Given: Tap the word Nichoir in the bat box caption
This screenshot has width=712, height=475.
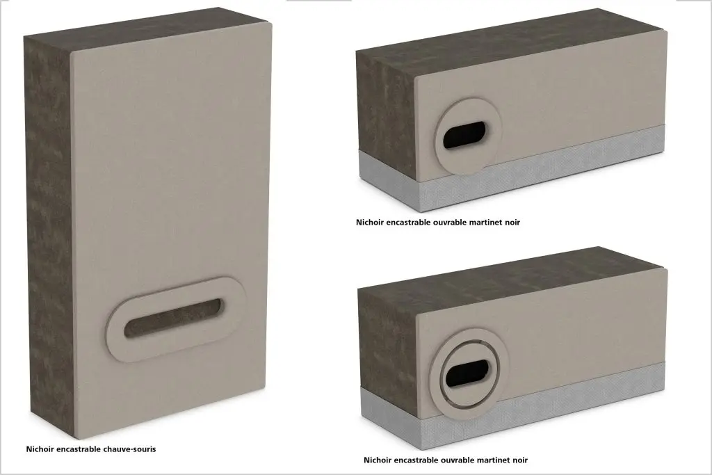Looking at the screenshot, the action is (40, 449).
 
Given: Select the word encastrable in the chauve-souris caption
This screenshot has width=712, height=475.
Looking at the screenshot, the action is (78, 449).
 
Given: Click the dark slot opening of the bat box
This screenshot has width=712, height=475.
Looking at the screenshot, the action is (175, 318).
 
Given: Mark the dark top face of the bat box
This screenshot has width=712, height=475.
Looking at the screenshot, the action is (145, 28).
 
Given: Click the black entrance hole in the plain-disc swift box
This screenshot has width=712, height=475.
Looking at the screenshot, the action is (464, 135).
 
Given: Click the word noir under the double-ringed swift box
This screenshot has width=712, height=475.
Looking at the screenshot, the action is (520, 460).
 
